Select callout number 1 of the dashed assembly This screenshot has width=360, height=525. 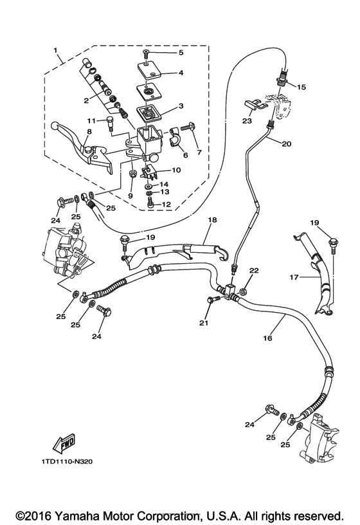pyautogui.click(x=56, y=50)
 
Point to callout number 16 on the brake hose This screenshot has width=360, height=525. pyautogui.click(x=267, y=336)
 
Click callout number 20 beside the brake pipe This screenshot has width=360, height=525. pyautogui.click(x=285, y=144)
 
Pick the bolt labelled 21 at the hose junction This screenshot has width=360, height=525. pyautogui.click(x=212, y=299)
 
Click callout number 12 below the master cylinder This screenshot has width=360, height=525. pyautogui.click(x=165, y=205)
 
